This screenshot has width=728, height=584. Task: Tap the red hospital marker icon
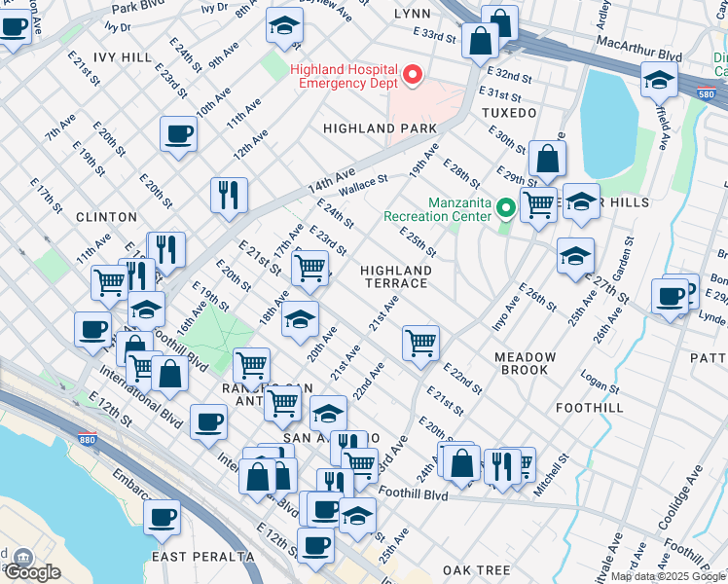[x=414, y=75]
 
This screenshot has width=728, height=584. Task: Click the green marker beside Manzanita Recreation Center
[x=505, y=207]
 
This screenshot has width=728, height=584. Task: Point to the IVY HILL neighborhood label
[x=123, y=57]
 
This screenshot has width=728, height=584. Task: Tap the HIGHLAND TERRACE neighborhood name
[x=395, y=276]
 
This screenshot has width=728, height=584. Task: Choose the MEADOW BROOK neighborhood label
[x=525, y=363]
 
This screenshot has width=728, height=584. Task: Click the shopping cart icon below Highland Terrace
[x=420, y=342]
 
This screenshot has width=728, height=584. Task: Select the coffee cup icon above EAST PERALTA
[x=163, y=517]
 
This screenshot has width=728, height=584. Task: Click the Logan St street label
[x=601, y=382]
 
